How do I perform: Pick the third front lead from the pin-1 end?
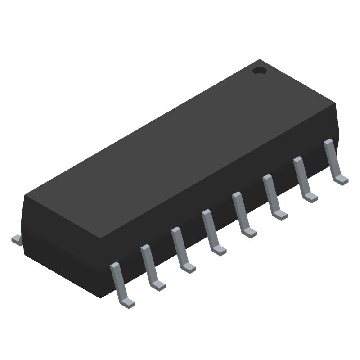(273, 197)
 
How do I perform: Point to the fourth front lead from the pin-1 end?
(243, 214)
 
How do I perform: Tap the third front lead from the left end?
(181, 249)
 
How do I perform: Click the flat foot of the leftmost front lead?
(128, 303)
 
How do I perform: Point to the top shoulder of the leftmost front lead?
(114, 266)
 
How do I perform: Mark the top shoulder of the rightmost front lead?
(328, 143)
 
